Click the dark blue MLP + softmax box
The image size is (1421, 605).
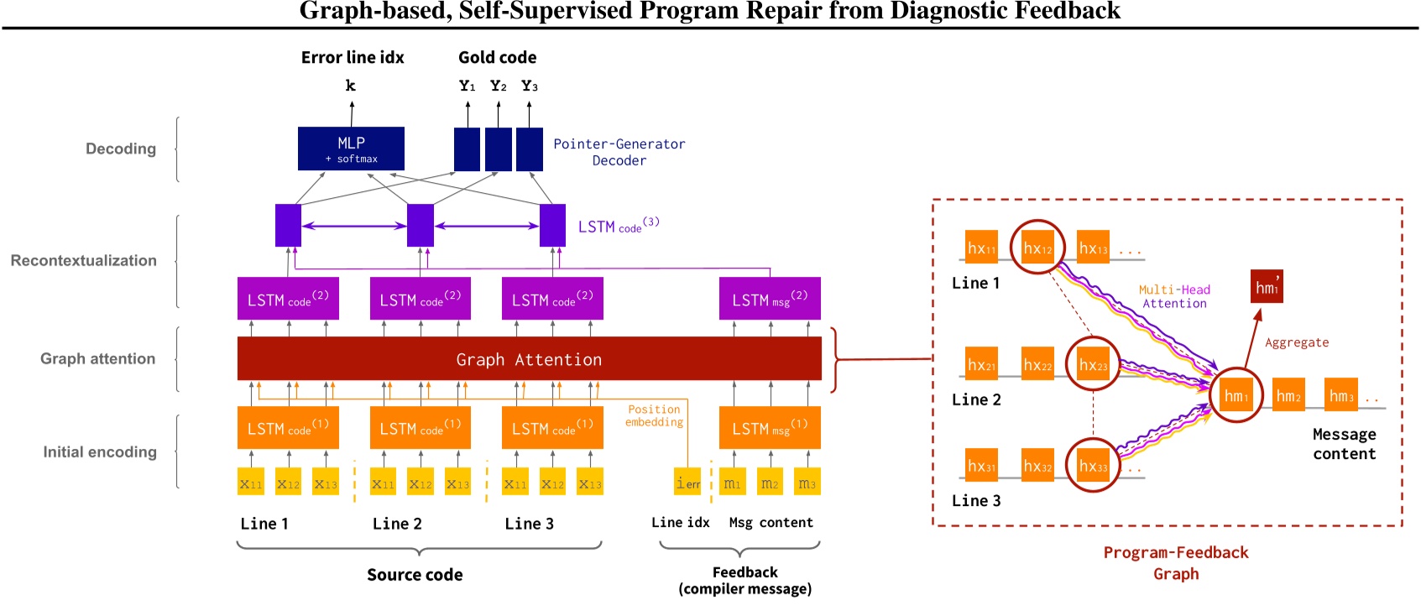(x=351, y=149)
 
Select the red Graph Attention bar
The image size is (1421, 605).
(x=529, y=359)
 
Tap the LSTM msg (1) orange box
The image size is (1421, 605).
(x=769, y=428)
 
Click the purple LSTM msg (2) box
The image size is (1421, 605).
(x=769, y=299)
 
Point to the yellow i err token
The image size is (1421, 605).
(x=687, y=482)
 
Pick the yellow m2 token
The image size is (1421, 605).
(x=770, y=482)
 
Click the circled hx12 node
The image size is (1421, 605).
(x=1037, y=248)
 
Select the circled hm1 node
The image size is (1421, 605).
(x=1236, y=395)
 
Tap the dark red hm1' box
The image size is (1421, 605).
(x=1267, y=286)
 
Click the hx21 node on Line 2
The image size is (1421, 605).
(x=981, y=364)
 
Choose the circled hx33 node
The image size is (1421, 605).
(x=1093, y=466)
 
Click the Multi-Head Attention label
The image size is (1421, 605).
(x=1174, y=296)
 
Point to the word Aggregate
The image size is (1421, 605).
(x=1297, y=342)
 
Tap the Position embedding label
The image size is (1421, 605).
(x=654, y=415)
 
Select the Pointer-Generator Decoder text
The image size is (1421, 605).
(x=619, y=152)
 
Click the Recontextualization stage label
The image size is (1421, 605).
(x=83, y=260)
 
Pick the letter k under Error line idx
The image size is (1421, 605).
(x=351, y=86)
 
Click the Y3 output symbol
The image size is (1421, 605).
(x=529, y=86)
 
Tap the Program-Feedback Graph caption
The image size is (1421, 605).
(x=1175, y=562)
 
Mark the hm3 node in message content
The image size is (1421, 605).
(x=1341, y=395)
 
